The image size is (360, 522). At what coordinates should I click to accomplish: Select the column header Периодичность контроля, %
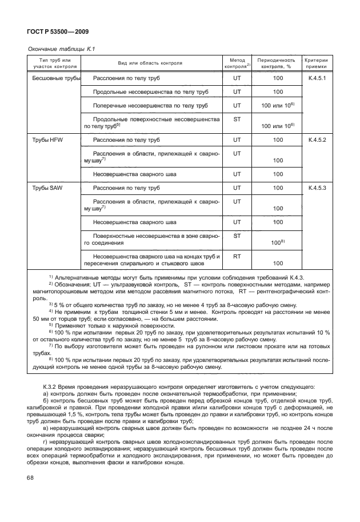(x=277, y=63)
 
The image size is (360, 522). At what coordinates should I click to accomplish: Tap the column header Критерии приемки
(x=316, y=63)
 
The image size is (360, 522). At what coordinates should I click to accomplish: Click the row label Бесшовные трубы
(x=55, y=78)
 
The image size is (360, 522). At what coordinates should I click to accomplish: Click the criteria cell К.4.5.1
(x=317, y=78)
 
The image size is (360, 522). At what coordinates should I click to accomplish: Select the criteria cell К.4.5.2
(x=317, y=140)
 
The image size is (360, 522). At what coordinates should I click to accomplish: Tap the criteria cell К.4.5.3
(x=317, y=188)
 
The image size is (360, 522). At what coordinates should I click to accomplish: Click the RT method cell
(x=237, y=257)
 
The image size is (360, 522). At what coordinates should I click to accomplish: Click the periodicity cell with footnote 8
(x=278, y=243)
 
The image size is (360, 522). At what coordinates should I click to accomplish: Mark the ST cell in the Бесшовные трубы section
(x=237, y=119)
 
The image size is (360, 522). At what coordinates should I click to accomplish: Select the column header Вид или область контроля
(x=150, y=63)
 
